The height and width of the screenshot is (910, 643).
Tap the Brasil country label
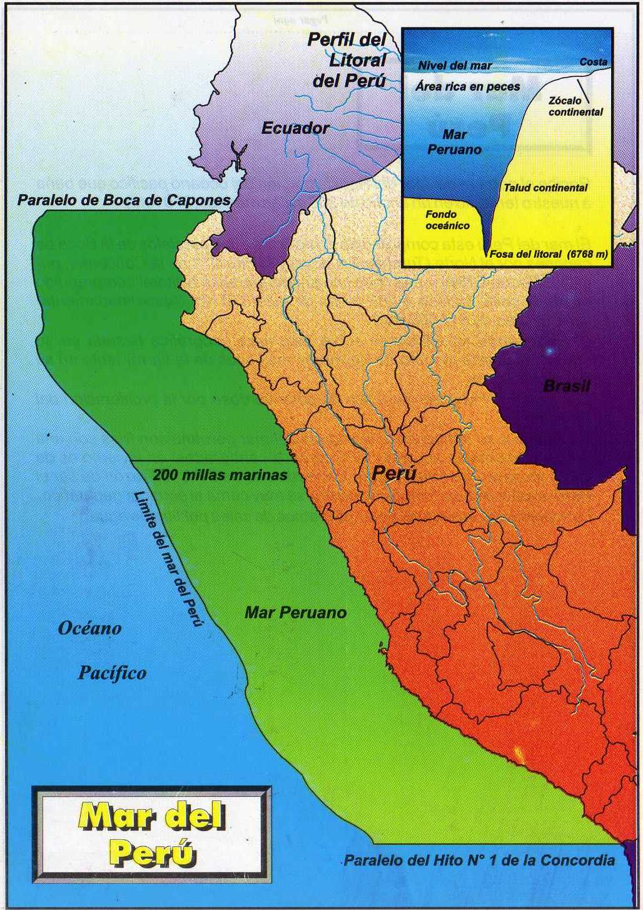[x=567, y=386]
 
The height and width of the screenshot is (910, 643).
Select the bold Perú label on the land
[x=394, y=473]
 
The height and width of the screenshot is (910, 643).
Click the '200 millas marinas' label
[x=220, y=475]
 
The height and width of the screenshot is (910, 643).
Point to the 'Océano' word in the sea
[x=89, y=628]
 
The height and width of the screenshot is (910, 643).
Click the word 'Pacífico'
[x=113, y=673]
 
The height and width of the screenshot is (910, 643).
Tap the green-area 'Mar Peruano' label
[x=295, y=612]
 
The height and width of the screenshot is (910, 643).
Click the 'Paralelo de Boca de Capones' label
[x=124, y=201]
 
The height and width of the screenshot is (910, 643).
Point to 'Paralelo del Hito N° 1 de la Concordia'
[x=480, y=861]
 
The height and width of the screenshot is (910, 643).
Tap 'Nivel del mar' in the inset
[x=455, y=66]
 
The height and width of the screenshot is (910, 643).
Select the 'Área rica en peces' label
[x=468, y=87]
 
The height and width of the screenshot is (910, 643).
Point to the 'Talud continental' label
[x=545, y=188]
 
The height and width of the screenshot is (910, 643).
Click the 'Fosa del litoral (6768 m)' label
[x=548, y=255]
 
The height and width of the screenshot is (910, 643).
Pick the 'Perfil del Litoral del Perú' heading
[x=348, y=60]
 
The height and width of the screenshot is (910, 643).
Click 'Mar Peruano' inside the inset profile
[x=455, y=142]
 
